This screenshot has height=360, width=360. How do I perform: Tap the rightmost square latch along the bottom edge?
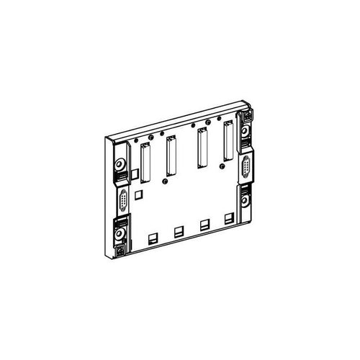229,217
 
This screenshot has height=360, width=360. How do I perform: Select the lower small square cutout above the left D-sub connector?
142,193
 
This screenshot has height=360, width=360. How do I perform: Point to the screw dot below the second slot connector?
166,184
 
